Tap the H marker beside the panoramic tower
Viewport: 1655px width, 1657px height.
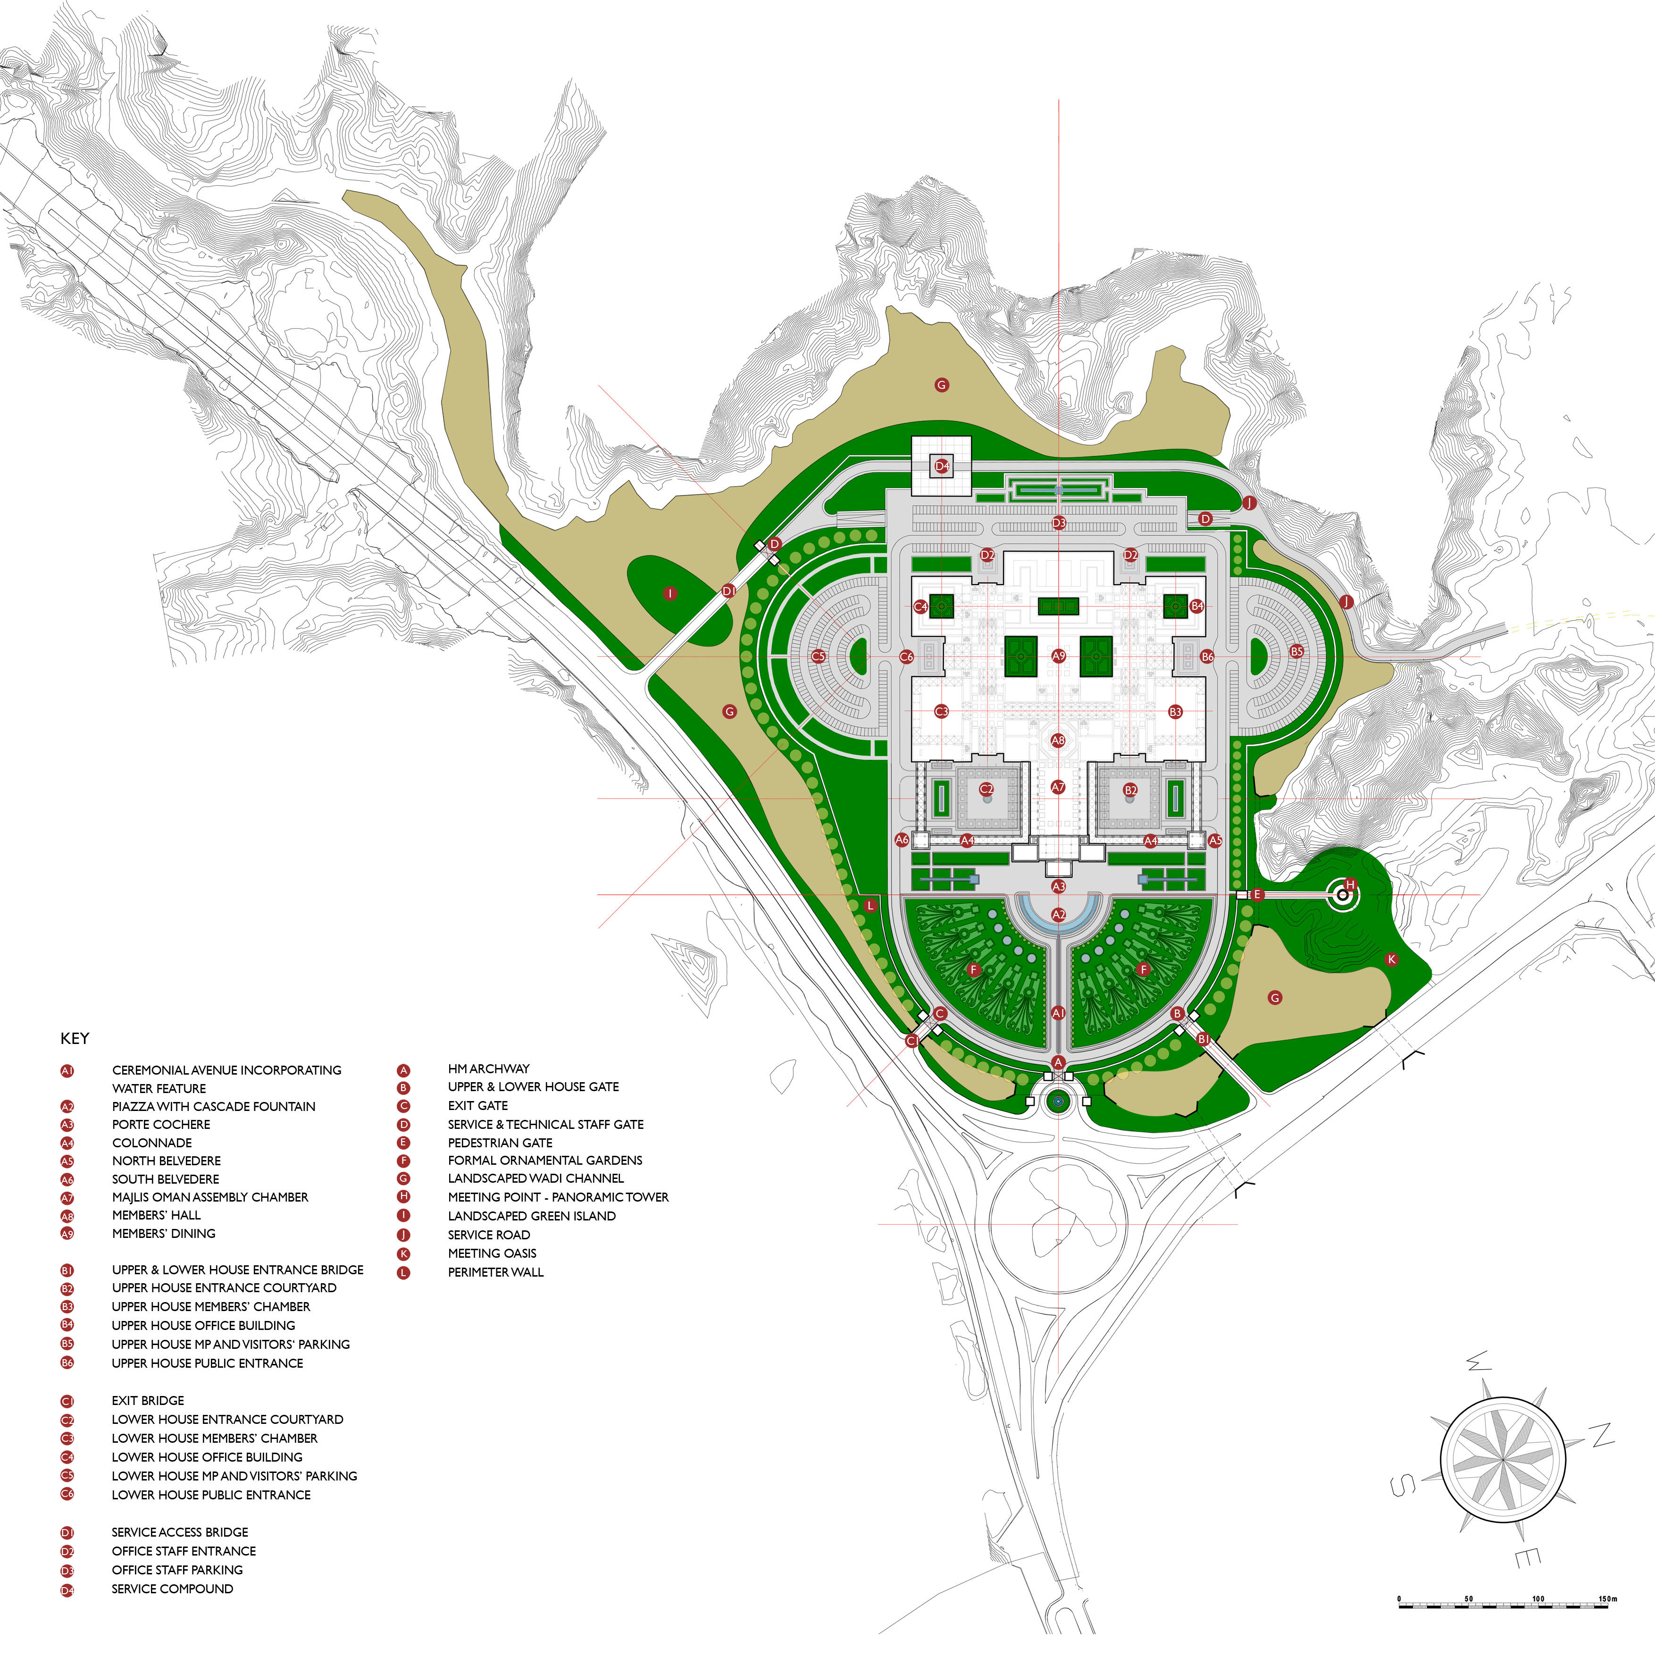coord(1351,885)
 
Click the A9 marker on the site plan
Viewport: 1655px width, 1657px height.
coord(1058,656)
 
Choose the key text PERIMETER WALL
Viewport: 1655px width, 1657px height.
coord(496,1272)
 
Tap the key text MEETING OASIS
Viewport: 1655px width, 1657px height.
coord(492,1253)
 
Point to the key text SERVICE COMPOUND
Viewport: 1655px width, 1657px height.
coord(172,1589)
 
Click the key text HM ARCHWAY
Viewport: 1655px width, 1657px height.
coord(489,1068)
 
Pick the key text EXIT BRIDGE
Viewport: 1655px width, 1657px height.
coord(148,1401)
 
